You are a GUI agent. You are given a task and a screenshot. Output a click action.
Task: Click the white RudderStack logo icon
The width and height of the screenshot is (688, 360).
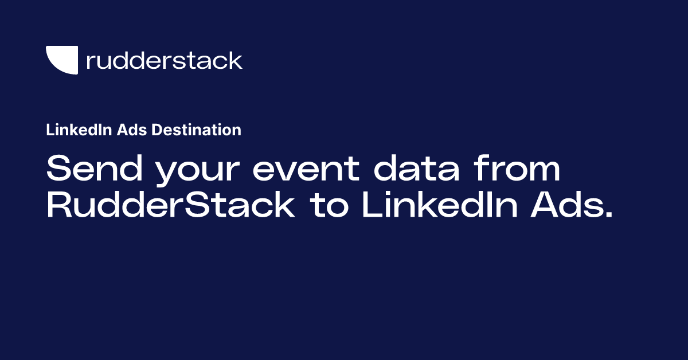[62, 60]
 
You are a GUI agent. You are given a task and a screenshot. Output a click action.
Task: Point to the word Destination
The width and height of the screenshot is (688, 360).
[197, 130]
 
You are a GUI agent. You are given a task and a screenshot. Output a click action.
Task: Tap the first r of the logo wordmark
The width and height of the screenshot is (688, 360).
[90, 62]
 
